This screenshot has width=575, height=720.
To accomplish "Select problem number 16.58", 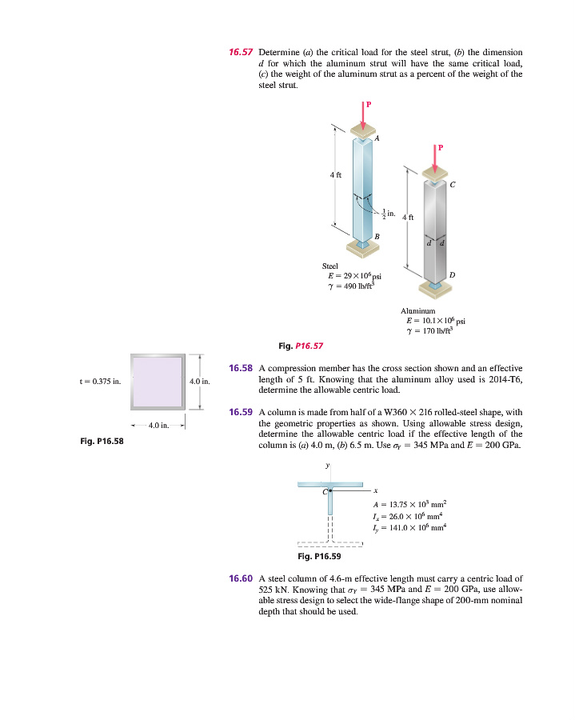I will tap(241, 368).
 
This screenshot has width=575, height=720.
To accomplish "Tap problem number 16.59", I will tap(241, 413).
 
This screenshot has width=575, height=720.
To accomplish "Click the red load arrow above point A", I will tap(364, 115).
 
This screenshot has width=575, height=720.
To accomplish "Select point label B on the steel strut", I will tap(377, 234).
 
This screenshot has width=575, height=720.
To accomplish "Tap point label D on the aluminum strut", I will tap(453, 275).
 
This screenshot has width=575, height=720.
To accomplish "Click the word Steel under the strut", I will tap(329, 266).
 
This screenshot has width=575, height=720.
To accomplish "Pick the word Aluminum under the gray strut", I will tap(417, 310).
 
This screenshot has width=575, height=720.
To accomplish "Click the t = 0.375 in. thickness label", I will tap(99, 382).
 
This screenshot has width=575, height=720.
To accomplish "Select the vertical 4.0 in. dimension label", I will tap(198, 382).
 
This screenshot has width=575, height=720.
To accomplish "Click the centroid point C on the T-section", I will tap(328, 490).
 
